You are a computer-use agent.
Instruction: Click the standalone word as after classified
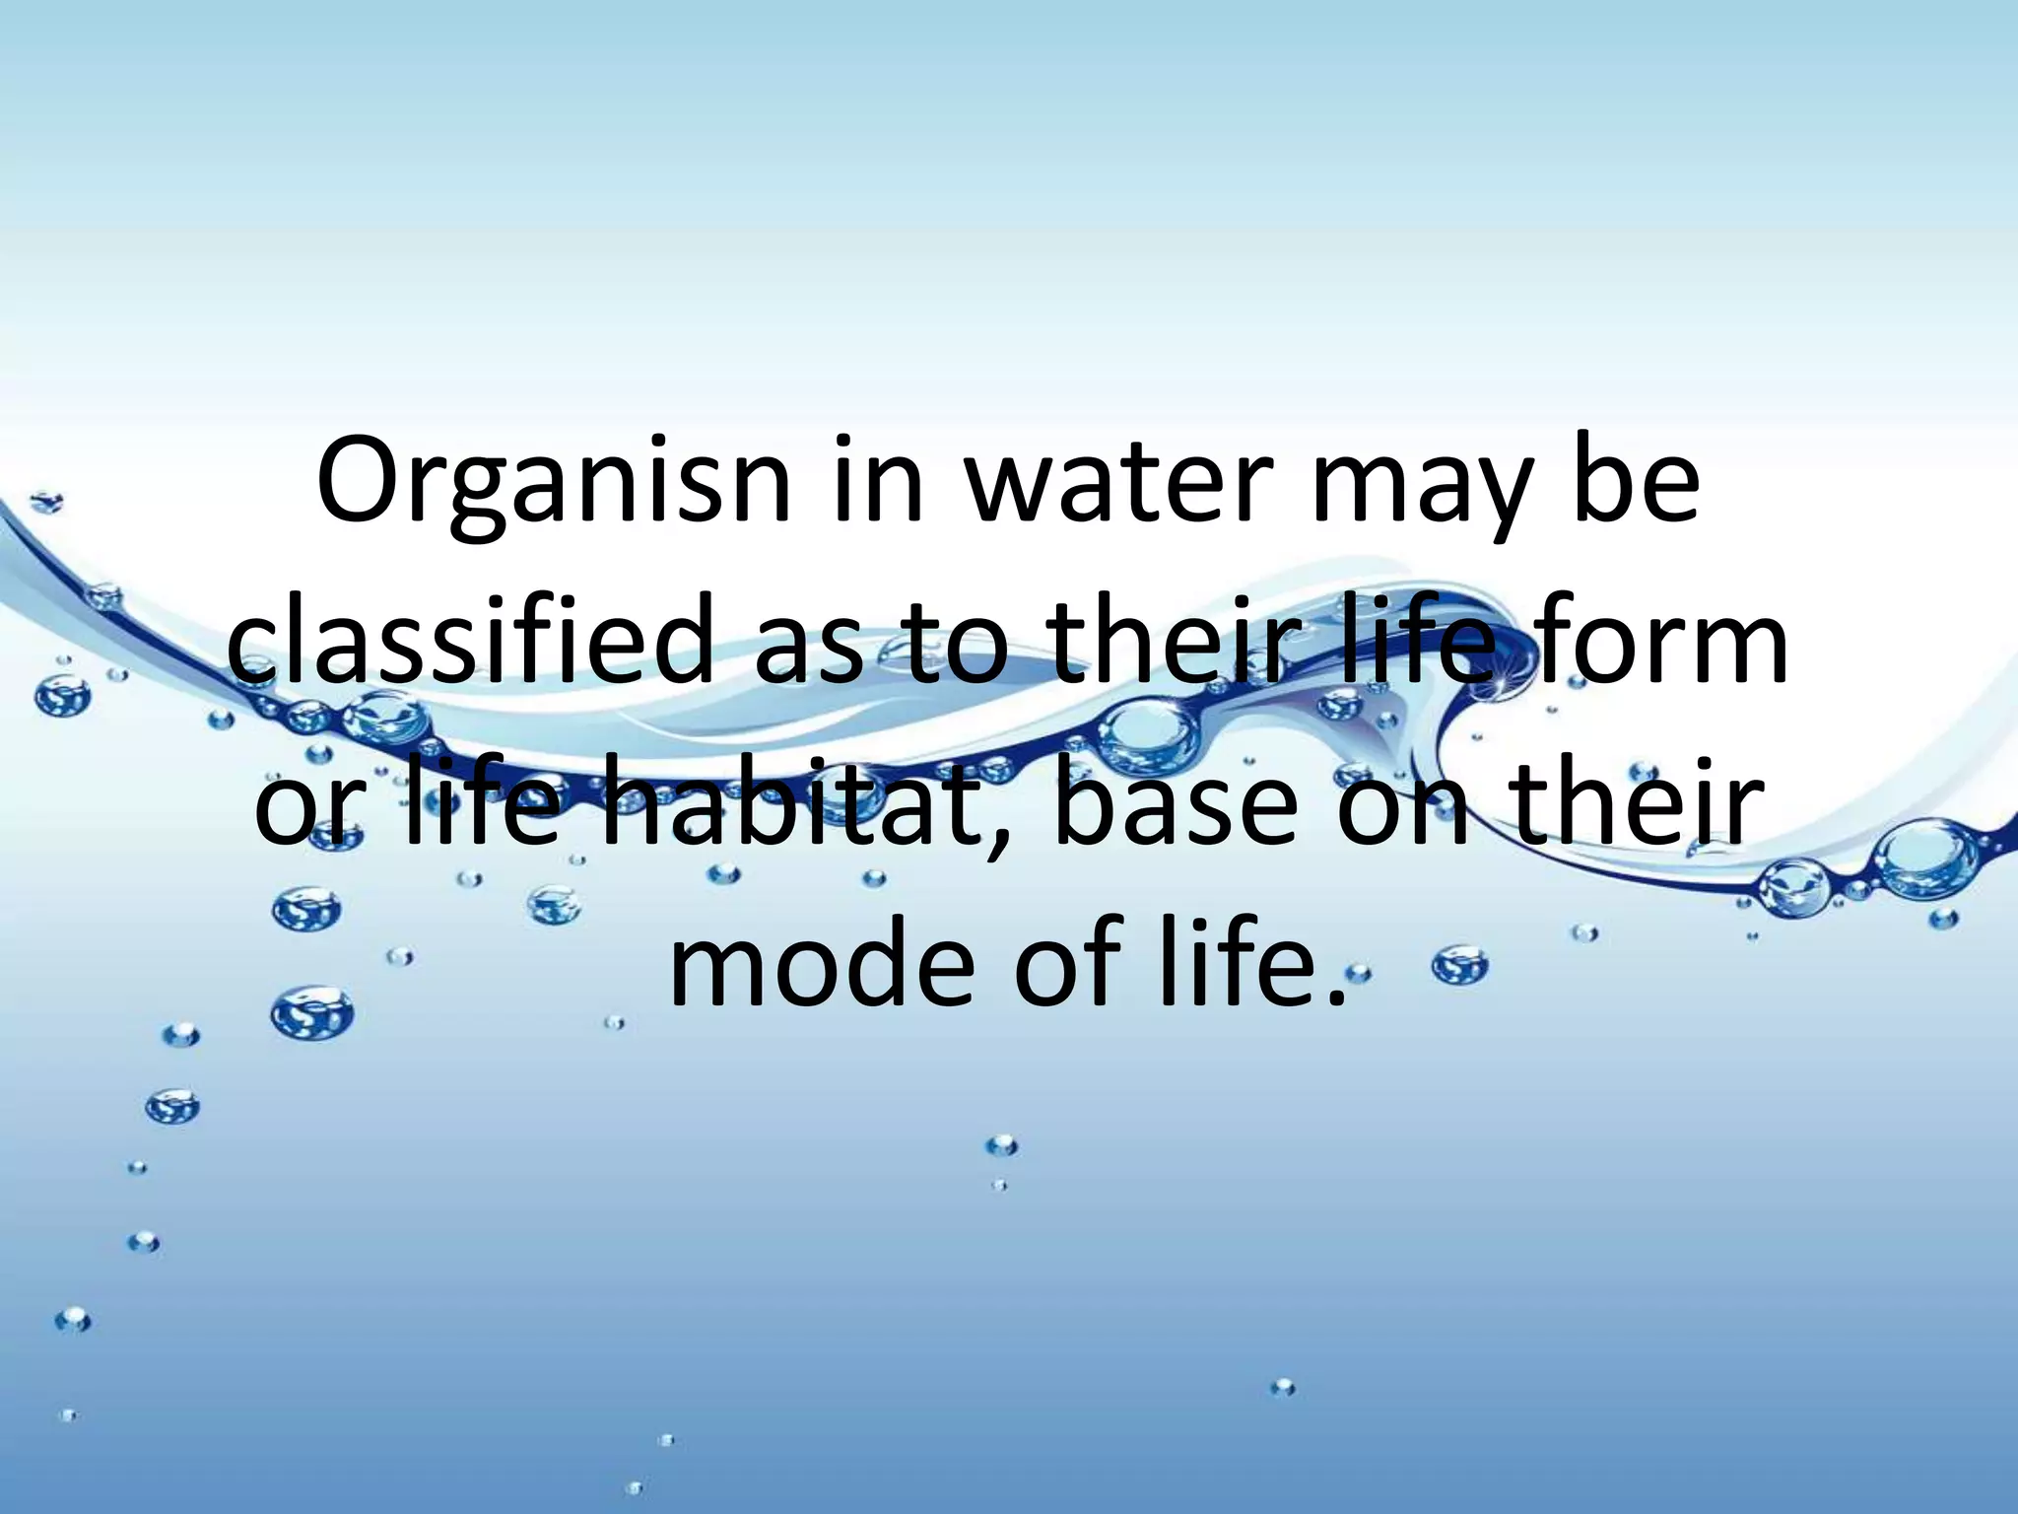[808, 655]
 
